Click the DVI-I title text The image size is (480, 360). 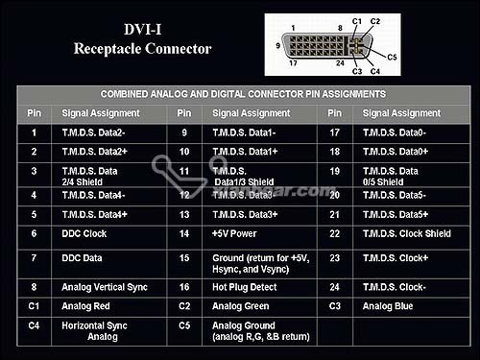[143, 30]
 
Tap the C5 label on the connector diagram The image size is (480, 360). [392, 58]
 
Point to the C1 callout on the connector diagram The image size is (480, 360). [357, 21]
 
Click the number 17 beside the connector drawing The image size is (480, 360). [293, 63]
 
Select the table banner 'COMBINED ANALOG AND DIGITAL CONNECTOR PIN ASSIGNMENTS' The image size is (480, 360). [243, 94]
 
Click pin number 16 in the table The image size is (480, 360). [184, 287]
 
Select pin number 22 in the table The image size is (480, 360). [335, 233]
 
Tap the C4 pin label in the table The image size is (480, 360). [34, 325]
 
